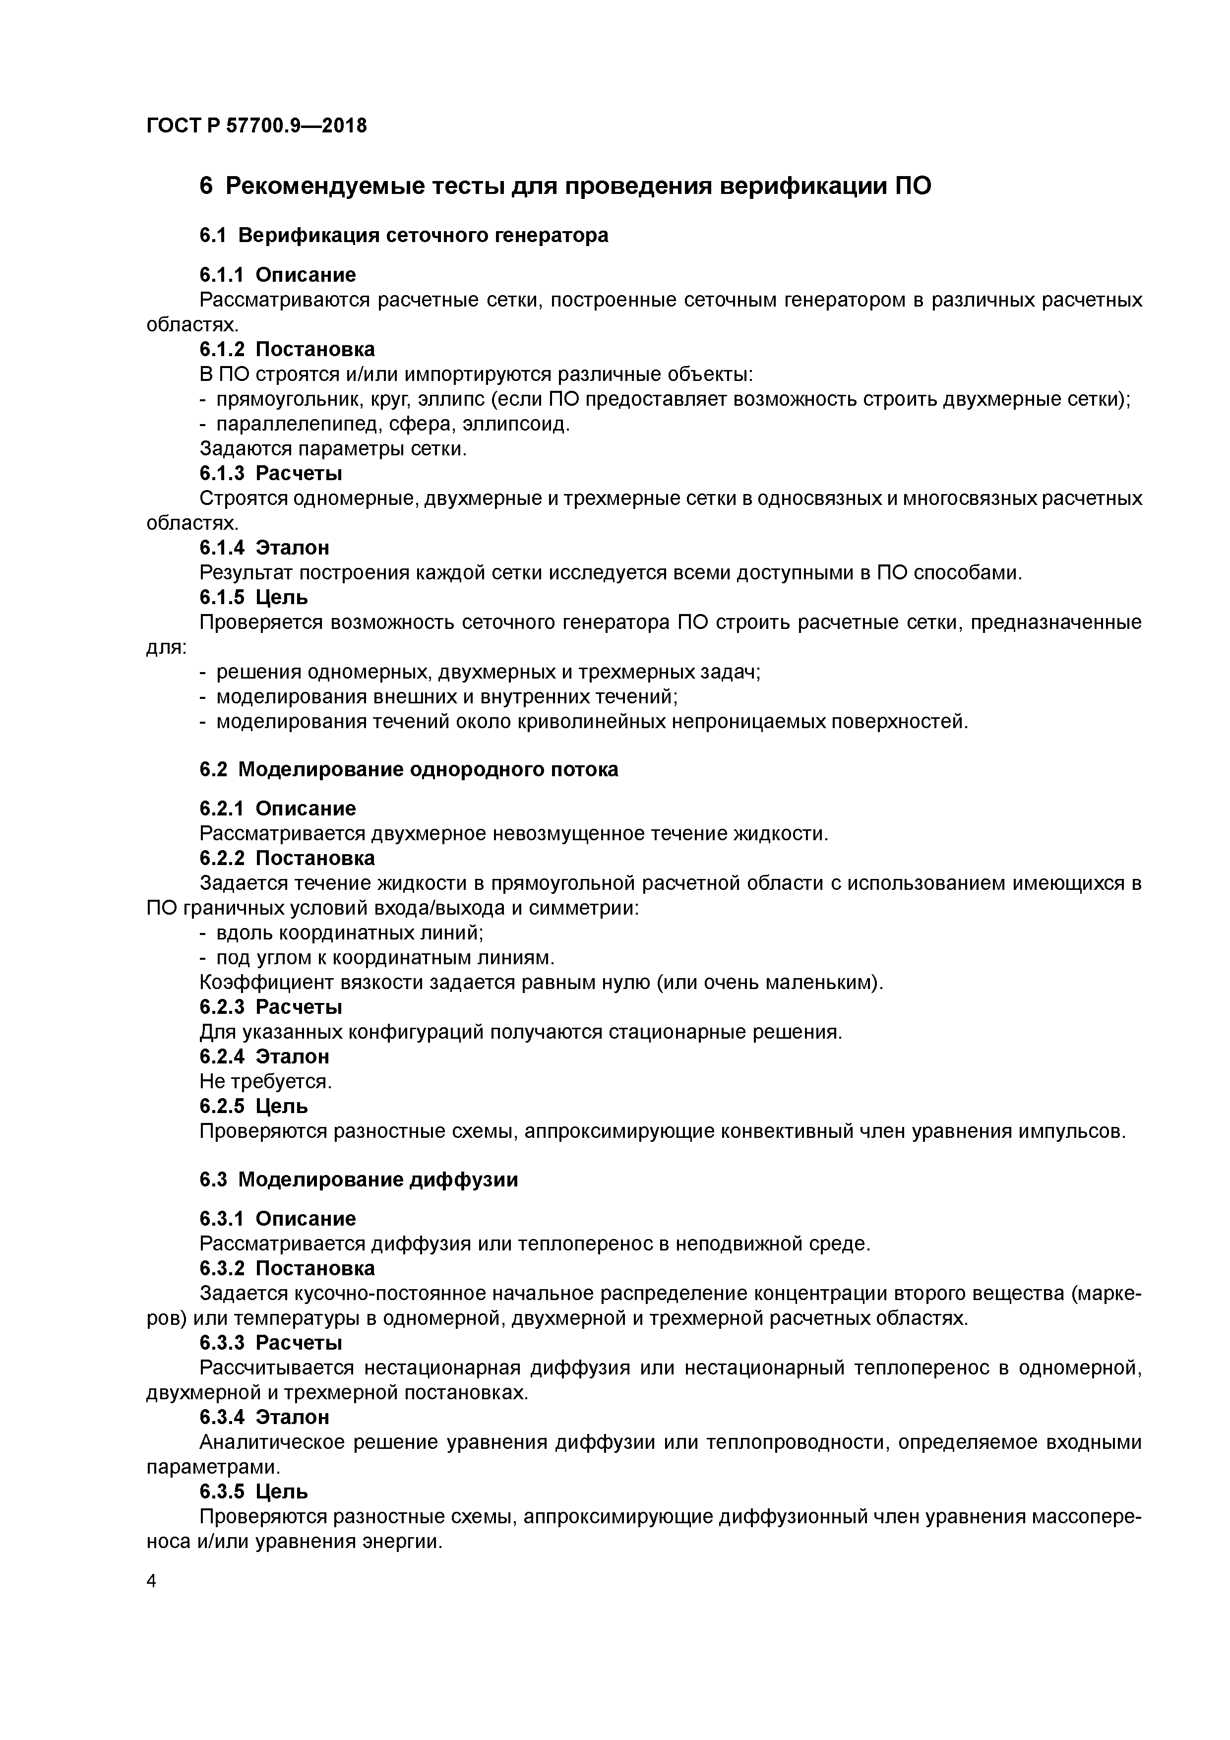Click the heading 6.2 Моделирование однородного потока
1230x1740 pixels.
coord(409,769)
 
